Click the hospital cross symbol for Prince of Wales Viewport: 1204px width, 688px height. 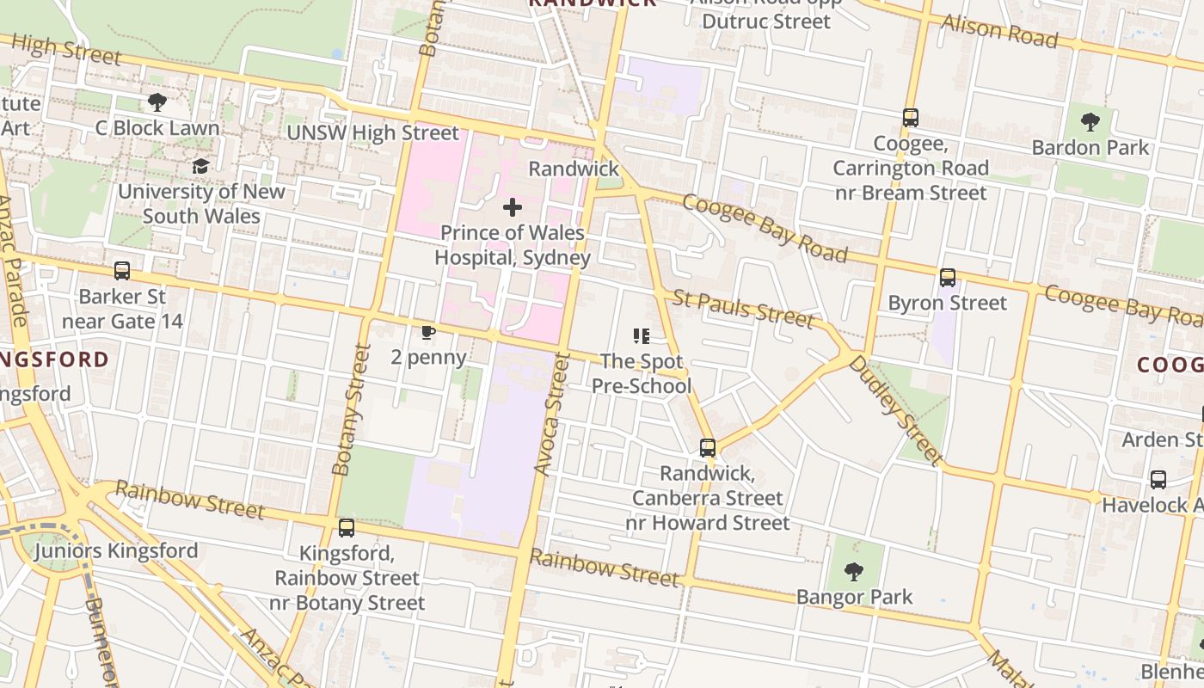(513, 207)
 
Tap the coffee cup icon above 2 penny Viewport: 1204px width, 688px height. (428, 333)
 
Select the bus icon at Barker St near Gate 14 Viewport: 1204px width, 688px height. (122, 271)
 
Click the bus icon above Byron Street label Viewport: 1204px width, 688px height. (947, 278)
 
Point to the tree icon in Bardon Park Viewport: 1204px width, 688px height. (1090, 122)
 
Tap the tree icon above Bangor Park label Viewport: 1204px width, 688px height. (853, 571)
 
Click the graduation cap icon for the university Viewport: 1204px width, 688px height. (200, 166)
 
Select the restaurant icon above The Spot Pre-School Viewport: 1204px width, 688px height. (642, 336)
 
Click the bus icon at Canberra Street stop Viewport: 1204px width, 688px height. (707, 448)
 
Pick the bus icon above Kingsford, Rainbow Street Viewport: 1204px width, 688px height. (347, 528)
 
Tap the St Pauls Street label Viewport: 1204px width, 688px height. (743, 309)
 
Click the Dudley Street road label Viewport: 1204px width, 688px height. (895, 409)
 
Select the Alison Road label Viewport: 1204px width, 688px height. (999, 31)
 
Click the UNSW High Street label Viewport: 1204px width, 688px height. (372, 132)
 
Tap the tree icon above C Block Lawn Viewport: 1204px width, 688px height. (157, 102)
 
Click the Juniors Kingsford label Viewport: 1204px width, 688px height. (116, 550)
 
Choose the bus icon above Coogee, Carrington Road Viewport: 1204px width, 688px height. (910, 118)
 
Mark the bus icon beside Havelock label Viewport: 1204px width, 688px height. (1158, 479)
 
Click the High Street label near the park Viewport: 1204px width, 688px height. (66, 49)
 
